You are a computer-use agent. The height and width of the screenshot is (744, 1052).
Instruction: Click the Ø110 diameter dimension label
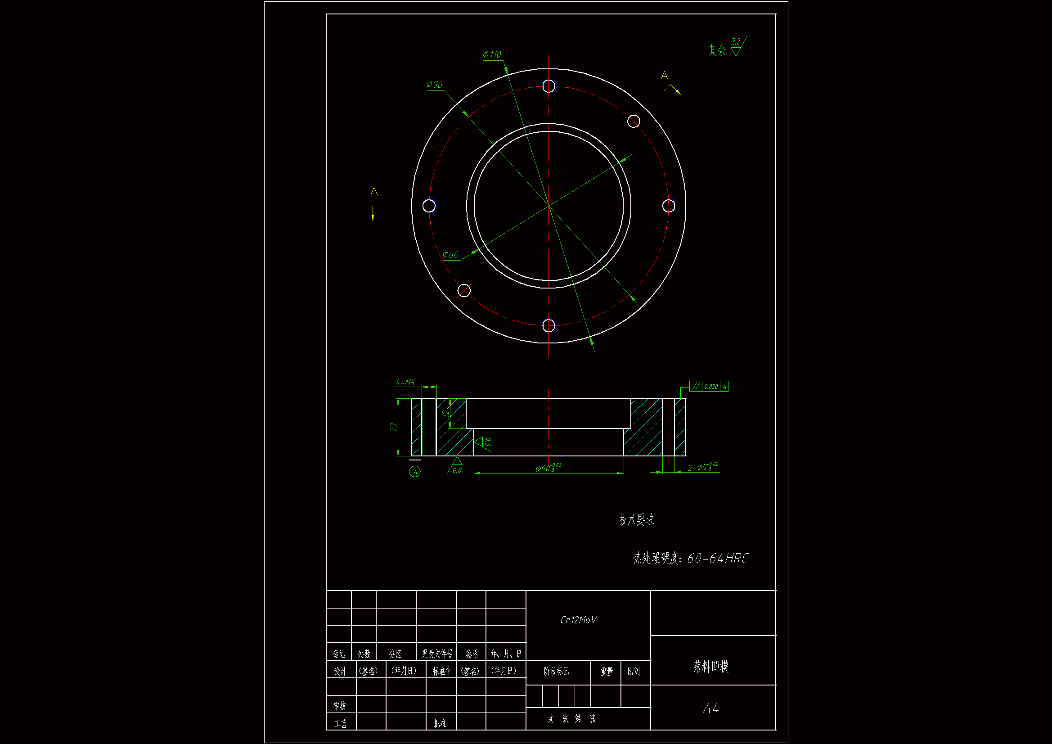(x=492, y=55)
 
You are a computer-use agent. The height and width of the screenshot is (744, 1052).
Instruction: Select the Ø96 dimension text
(x=434, y=85)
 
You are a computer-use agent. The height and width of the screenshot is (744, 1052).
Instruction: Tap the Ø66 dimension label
(x=450, y=254)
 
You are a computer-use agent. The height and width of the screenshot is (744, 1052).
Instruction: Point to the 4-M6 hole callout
(x=405, y=382)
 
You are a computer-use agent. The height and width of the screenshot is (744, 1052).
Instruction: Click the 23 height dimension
(x=394, y=427)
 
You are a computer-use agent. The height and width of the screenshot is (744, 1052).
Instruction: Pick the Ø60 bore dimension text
(x=548, y=468)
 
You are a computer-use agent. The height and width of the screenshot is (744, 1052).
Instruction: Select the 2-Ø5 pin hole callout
(x=702, y=467)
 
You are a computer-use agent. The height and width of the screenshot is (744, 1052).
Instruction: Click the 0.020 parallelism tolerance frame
(x=709, y=387)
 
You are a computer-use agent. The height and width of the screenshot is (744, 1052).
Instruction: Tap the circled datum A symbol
(x=415, y=472)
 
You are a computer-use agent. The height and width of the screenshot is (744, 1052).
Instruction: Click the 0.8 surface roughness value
(x=457, y=470)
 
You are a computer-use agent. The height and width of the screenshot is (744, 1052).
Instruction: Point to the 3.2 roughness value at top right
(x=735, y=42)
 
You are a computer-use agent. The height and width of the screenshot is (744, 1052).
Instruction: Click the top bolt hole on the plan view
(x=549, y=86)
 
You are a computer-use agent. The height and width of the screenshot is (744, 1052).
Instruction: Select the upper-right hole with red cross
(x=633, y=121)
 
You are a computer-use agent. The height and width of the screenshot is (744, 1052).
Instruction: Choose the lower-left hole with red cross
(x=464, y=290)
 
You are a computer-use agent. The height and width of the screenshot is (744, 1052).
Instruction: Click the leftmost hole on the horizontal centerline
(x=429, y=206)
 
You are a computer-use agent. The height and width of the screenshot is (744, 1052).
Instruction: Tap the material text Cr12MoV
(x=578, y=620)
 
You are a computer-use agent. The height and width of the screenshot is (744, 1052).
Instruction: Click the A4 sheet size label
(x=710, y=708)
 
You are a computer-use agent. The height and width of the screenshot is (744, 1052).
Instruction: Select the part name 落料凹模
(x=710, y=666)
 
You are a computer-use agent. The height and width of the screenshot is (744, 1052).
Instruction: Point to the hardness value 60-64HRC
(x=717, y=559)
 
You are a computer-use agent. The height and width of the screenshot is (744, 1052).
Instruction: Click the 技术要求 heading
(x=636, y=519)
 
